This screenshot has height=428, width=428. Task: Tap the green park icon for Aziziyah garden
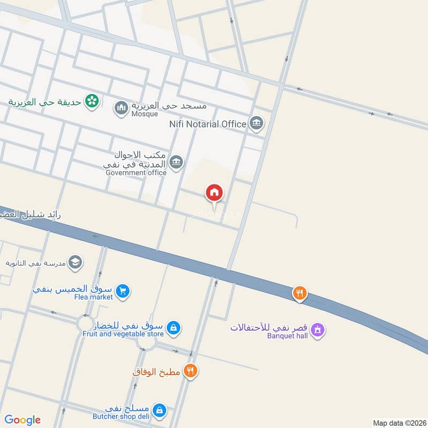pyautogui.click(x=93, y=101)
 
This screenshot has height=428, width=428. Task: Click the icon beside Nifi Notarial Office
pyautogui.click(x=256, y=124)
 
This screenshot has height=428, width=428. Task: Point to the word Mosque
pyautogui.click(x=145, y=114)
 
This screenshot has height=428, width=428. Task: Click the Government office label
pyautogui.click(x=136, y=172)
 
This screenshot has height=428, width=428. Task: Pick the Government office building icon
pyautogui.click(x=176, y=161)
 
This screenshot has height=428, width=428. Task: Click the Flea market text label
pyautogui.click(x=94, y=297)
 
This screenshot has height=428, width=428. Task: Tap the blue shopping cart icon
pyautogui.click(x=123, y=292)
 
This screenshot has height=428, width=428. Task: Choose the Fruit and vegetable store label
pyautogui.click(x=123, y=333)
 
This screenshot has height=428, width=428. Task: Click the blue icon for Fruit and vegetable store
pyautogui.click(x=173, y=327)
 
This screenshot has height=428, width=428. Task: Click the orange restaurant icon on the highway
pyautogui.click(x=300, y=293)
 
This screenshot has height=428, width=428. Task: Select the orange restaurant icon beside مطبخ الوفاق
pyautogui.click(x=190, y=371)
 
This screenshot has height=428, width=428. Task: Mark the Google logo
pyautogui.click(x=22, y=420)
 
